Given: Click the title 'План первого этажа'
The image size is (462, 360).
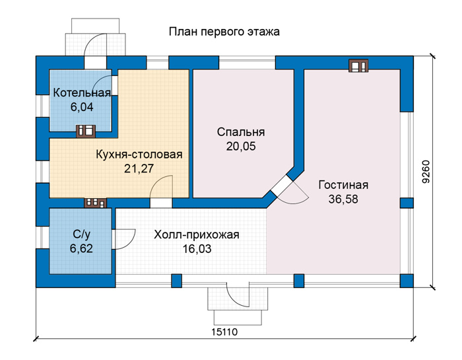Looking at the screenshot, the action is [224, 32].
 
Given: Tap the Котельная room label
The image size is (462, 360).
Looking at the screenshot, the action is [82, 93].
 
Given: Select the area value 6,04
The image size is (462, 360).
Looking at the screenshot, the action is [82, 107].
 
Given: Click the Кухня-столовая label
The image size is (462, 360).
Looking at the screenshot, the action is [139, 155].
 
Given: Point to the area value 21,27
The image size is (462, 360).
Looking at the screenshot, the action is [139, 168].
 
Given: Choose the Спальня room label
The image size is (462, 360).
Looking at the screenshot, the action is [241, 132].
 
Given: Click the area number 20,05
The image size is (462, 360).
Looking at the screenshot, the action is [241, 146].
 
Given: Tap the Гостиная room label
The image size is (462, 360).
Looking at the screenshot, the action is [343, 185].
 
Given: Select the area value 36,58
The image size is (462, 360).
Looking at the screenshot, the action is [343, 199].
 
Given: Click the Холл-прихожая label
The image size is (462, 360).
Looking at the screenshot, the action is [197, 235].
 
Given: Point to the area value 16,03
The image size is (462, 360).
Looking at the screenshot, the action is [197, 249].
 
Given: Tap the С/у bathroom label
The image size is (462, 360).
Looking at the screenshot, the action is [82, 234].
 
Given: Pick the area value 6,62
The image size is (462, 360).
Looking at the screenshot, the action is [81, 248].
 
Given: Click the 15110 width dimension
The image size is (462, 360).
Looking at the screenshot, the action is [224, 332].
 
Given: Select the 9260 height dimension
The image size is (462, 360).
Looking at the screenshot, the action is [426, 172].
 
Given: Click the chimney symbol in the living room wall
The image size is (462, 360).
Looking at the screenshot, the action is [358, 66].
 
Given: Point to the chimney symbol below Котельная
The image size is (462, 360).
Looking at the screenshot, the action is [86, 131].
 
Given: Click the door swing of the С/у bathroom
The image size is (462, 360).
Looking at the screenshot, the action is [124, 239].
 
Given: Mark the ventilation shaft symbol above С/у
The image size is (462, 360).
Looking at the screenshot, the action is [96, 203].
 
